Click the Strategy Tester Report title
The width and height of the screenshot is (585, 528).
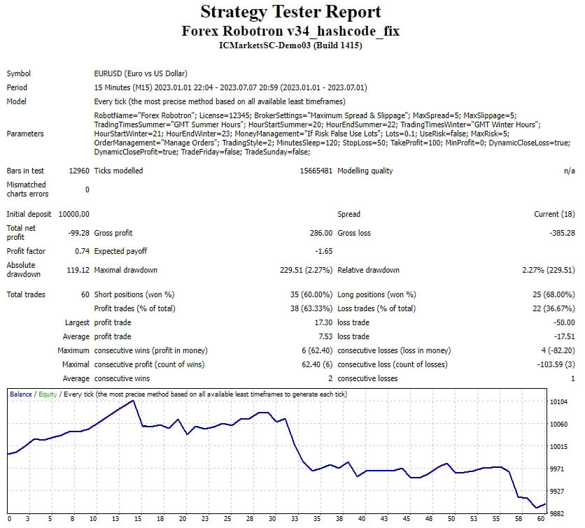click(x=290, y=12)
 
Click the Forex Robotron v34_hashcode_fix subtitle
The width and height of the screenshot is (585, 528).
click(x=290, y=31)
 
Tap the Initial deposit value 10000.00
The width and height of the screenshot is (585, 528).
click(x=73, y=214)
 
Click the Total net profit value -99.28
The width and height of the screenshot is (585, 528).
click(x=78, y=233)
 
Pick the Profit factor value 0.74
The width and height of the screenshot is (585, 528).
click(x=82, y=251)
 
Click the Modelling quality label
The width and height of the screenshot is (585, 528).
click(x=365, y=171)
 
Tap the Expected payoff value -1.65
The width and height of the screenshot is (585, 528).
click(x=323, y=251)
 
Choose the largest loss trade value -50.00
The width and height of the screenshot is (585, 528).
click(x=564, y=322)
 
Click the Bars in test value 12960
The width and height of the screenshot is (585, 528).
click(x=79, y=171)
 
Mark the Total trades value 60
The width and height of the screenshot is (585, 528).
click(x=84, y=294)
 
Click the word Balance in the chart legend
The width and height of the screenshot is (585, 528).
click(x=21, y=394)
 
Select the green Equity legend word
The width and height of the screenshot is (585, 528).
click(x=48, y=394)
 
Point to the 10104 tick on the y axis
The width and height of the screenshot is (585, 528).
click(x=559, y=402)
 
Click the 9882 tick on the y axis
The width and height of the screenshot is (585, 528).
click(x=557, y=513)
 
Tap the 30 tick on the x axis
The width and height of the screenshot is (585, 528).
click(x=272, y=519)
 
